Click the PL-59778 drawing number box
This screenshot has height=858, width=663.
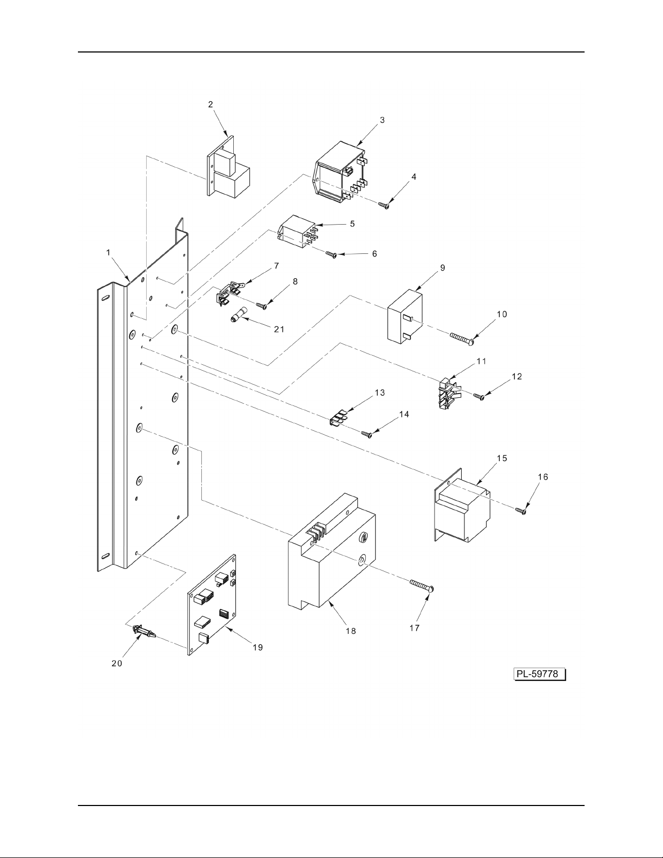(x=540, y=674)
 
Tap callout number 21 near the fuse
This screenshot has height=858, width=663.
(x=279, y=329)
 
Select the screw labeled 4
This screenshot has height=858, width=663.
(x=384, y=205)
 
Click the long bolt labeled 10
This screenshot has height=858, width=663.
(x=461, y=338)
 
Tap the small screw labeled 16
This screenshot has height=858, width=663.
(x=521, y=511)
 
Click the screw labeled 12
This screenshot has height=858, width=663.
(x=479, y=396)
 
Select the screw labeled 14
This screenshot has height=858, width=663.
(x=367, y=434)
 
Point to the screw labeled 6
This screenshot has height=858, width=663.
(x=331, y=254)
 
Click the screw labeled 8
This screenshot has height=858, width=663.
(x=261, y=305)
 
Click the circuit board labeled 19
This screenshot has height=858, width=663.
(x=212, y=605)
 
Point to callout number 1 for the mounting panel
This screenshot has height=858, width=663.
(x=109, y=253)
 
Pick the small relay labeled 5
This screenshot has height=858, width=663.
(x=299, y=232)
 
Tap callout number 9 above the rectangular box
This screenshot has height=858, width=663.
(x=442, y=268)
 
